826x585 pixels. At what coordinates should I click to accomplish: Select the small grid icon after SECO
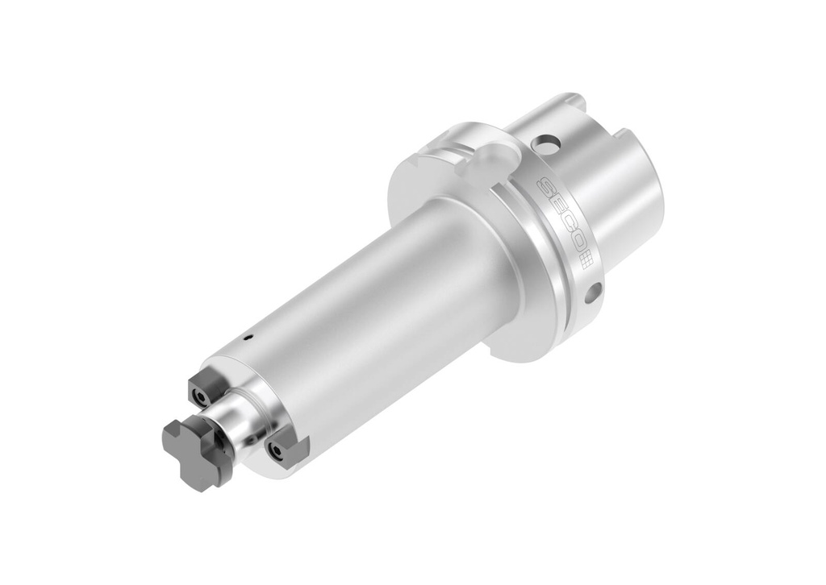pos(586,260)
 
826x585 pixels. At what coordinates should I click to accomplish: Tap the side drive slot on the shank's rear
pos(625,133)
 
